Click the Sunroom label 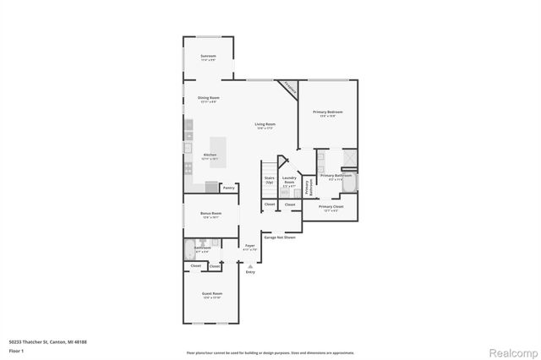click(x=208, y=57)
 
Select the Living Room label click(x=265, y=126)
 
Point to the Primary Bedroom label click(x=327, y=113)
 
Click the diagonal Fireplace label click(x=290, y=87)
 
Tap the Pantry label click(x=228, y=188)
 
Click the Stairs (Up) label click(x=270, y=180)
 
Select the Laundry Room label click(x=289, y=180)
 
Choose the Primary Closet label click(x=331, y=207)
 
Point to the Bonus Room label click(x=210, y=215)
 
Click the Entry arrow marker click(x=250, y=265)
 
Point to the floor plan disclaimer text click(x=270, y=351)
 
